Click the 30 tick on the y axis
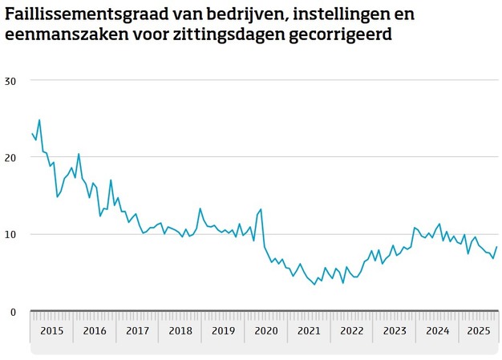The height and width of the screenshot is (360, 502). (10, 81)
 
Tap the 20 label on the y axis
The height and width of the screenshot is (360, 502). (10, 158)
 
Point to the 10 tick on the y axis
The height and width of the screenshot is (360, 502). (10, 235)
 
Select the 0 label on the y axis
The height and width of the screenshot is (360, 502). (13, 312)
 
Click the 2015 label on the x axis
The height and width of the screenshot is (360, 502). (51, 331)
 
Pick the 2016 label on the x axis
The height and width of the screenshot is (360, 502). (95, 331)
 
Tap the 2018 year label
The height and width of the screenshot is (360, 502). (180, 331)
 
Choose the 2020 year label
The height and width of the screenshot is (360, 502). (266, 331)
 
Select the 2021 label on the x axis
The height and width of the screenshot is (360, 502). (310, 331)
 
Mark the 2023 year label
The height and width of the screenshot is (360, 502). (395, 331)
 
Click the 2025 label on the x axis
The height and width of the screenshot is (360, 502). (480, 331)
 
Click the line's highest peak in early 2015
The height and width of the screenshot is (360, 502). (39, 120)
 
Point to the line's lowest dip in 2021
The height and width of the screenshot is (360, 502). (314, 285)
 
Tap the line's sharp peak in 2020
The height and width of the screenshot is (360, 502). (261, 209)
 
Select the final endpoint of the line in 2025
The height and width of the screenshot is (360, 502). (497, 247)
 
